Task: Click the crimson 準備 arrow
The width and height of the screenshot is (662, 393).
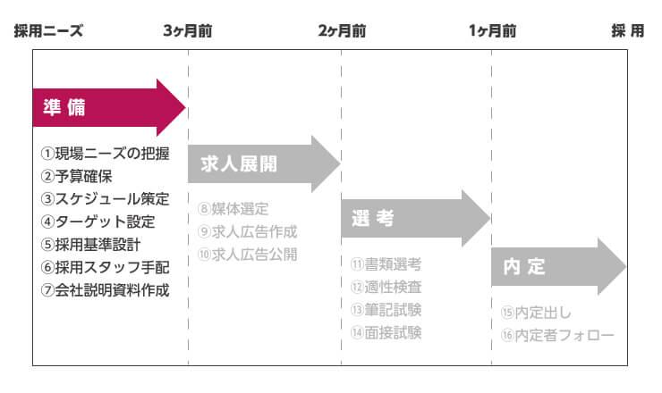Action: [107, 108]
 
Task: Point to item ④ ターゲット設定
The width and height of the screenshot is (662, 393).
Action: [98, 222]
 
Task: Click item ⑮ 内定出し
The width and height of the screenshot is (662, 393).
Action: [536, 313]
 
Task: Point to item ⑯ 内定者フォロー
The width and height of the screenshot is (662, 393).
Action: [557, 335]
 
